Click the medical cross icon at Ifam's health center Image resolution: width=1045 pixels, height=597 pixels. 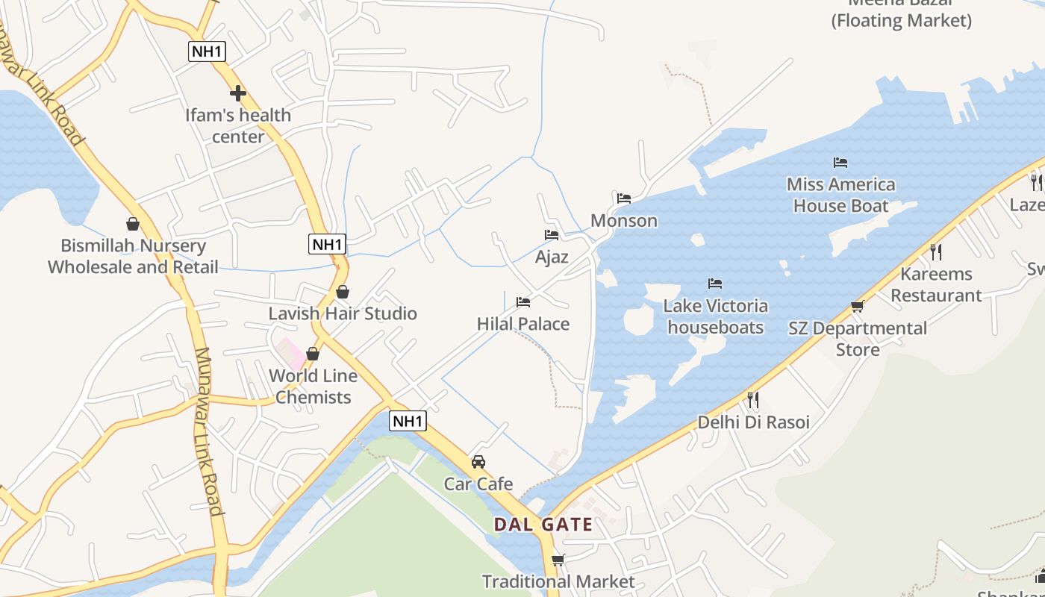pos(238,93)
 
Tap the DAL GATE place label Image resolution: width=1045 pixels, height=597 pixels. pos(543,525)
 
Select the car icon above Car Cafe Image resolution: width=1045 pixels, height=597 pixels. pos(478,462)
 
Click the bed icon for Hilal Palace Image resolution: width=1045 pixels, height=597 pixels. pos(523,302)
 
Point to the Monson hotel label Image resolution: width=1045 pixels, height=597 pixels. pos(624,221)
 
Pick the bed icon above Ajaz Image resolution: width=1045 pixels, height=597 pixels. pos(552,235)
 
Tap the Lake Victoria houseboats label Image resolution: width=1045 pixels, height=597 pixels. pos(715,316)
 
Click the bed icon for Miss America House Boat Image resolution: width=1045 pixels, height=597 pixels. pos(840,162)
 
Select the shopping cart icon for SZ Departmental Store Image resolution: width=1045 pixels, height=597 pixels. pos(858,306)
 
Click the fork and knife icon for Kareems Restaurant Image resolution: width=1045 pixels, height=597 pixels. pos(936,251)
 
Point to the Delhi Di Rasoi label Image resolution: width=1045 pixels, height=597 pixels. pos(753,422)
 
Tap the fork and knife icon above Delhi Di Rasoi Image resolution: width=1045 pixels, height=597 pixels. pos(753,400)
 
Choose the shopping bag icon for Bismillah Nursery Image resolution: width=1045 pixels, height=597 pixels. pos(133,224)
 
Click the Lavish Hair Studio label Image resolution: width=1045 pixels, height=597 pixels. pos(343,313)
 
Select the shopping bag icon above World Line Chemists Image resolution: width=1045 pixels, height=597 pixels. pos(313,354)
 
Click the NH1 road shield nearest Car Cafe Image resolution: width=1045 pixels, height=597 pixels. pos(408,421)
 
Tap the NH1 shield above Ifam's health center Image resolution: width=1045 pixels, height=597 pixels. pos(207,51)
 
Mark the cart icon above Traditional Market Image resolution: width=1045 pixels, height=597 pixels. pos(558,560)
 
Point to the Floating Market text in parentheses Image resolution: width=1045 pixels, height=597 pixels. pos(902,21)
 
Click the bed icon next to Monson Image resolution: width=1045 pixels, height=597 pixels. pos(624,199)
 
